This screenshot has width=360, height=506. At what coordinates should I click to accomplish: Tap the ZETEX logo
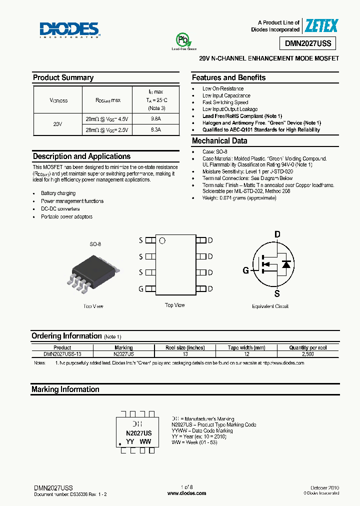click(321, 26)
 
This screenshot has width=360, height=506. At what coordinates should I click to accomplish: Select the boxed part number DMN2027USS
click(308, 43)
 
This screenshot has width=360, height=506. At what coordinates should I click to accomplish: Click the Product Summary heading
click(63, 77)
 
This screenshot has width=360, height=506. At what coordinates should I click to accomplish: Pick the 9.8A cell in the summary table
click(155, 118)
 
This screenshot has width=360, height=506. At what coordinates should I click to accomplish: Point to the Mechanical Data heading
click(219, 141)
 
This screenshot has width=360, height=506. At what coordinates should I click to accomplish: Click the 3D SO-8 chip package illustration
click(92, 272)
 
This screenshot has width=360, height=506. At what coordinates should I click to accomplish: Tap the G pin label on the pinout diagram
click(141, 288)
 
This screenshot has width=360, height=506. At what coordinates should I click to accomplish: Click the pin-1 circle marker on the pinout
click(162, 240)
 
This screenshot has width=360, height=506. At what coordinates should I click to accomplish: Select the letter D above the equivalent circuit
click(277, 234)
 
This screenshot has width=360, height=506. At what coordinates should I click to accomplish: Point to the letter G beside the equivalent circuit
click(245, 270)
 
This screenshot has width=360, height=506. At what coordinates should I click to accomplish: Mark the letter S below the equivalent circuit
click(277, 293)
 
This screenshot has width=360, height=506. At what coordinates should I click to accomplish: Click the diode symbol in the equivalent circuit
click(286, 264)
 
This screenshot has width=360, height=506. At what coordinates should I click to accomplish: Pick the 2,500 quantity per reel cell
click(308, 353)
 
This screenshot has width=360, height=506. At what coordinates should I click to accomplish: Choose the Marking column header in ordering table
click(123, 347)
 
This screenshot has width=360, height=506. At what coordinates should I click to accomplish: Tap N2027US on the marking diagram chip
click(138, 433)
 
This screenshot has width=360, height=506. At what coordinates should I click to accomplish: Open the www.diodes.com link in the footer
click(186, 493)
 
